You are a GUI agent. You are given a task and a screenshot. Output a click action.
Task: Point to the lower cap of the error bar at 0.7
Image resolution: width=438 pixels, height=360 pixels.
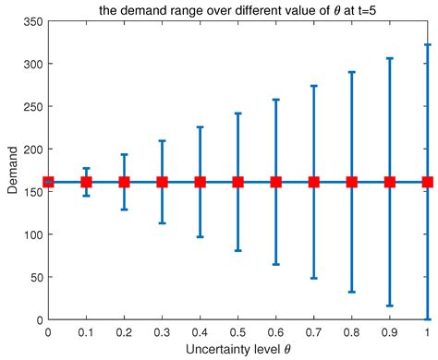(313, 278)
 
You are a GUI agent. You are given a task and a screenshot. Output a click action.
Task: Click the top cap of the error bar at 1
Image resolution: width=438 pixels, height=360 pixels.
(427, 44)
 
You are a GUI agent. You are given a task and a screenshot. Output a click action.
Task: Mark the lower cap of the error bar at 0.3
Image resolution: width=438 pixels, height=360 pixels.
(162, 222)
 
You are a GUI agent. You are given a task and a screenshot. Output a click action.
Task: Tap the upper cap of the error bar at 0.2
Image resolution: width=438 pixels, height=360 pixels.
(124, 154)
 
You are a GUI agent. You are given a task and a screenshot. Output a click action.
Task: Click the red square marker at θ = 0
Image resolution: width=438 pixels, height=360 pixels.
(48, 182)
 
